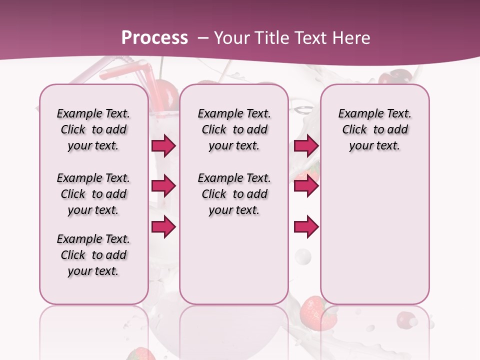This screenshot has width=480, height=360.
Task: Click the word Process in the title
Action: pos(154,38)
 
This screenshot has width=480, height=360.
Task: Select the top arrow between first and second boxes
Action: pos(163,145)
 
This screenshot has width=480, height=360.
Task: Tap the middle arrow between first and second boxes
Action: pos(163,186)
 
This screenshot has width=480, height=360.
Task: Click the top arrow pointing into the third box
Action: pos(306,145)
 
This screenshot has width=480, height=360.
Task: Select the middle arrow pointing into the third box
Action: pos(306,186)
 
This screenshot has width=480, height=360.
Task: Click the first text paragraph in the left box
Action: pos(93,129)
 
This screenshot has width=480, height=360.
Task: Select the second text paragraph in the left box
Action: pos(93,194)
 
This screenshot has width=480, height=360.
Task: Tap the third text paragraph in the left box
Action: pos(93,255)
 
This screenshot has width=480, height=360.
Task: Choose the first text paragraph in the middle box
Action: pos(234,129)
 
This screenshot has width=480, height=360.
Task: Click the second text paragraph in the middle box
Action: pos(234,194)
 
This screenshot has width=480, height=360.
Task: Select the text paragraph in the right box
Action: pos(374,129)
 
